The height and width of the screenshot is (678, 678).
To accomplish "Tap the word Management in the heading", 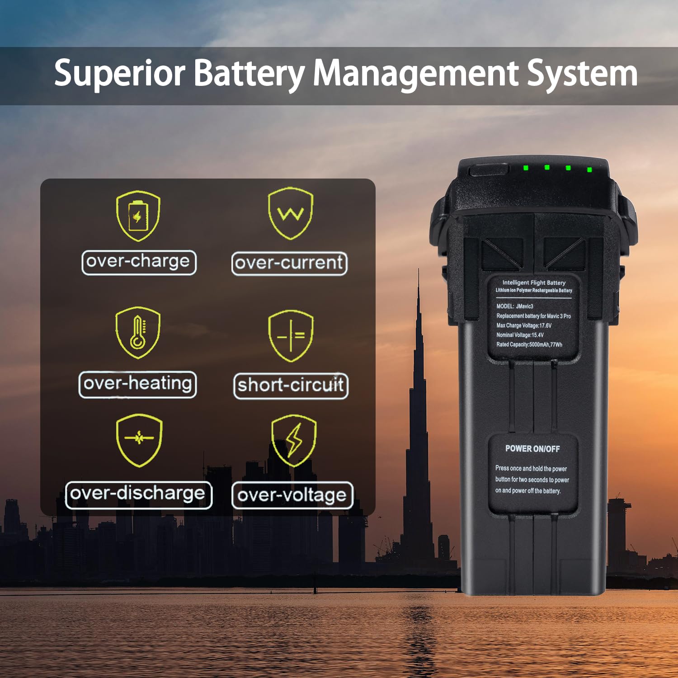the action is [415, 73].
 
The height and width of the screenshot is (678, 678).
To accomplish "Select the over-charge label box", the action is [139, 262].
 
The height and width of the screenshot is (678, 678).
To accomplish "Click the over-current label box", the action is [289, 264].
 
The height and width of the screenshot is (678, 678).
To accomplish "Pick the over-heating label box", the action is [137, 384].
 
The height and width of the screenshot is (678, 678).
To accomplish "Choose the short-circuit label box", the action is [291, 386].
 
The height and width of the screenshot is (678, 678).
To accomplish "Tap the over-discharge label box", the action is [138, 494].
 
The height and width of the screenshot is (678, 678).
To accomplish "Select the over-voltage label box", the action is [292, 496].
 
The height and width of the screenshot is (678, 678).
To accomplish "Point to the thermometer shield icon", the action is [138, 333].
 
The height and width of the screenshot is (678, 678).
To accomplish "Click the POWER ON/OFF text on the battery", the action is [532, 449].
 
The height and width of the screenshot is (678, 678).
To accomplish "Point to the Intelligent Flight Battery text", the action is [534, 282].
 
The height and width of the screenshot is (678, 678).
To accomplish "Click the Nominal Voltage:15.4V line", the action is [520, 335].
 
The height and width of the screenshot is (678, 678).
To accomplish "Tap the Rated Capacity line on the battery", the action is [529, 344].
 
